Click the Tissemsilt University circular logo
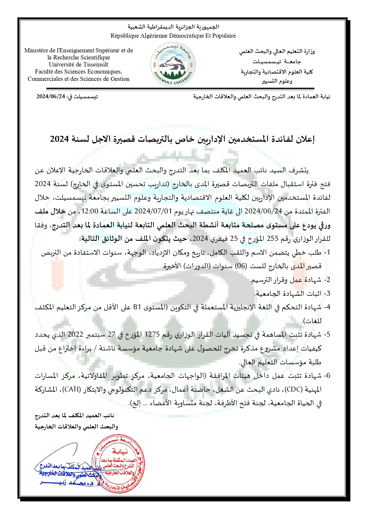click(173, 65)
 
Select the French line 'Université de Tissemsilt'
click(79, 64)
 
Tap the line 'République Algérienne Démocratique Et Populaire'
click(173, 36)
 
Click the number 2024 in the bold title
click(59, 139)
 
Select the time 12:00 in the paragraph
click(89, 211)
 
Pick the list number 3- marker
click(327, 293)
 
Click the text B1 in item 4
click(137, 307)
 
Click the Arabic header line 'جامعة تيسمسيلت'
click(276, 62)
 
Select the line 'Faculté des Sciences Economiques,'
click(79, 72)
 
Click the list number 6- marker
click(327, 376)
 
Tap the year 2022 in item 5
click(76, 335)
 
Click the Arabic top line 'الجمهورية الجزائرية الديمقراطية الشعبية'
click(173, 27)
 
